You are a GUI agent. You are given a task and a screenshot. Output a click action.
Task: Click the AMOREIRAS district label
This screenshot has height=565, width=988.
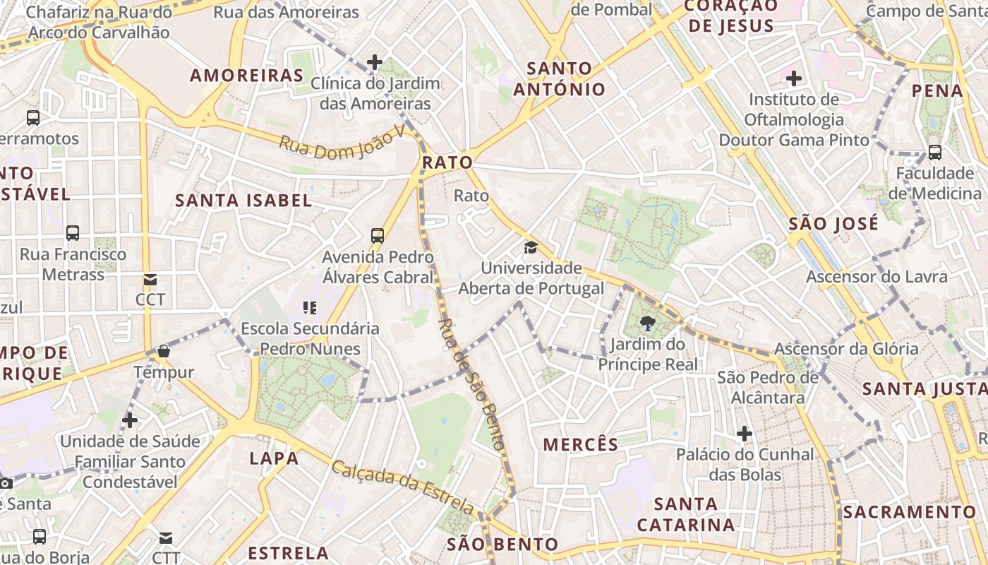[x=247, y=76]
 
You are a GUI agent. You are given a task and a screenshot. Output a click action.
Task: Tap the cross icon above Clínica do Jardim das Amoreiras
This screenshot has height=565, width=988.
[x=375, y=62]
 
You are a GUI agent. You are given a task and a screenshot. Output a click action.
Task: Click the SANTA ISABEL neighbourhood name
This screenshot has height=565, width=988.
[x=243, y=201]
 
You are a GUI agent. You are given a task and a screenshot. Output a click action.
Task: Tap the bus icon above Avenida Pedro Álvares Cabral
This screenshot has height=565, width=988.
[x=378, y=235]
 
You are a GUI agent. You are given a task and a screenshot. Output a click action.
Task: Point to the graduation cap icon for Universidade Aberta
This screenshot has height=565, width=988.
[x=531, y=247]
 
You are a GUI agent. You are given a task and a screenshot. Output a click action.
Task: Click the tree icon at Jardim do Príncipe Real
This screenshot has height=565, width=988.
[x=647, y=324]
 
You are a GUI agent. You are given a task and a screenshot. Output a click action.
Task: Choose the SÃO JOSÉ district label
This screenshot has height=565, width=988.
[x=833, y=224]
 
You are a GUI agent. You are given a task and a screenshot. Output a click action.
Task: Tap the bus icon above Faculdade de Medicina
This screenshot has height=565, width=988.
[x=934, y=152]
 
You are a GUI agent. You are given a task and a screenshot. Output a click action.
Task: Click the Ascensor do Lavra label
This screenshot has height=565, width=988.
[x=877, y=276]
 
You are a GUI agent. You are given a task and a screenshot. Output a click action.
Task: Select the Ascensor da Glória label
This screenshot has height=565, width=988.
[x=846, y=349]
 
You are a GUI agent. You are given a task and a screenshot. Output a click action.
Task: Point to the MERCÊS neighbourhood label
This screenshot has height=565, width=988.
[x=581, y=444]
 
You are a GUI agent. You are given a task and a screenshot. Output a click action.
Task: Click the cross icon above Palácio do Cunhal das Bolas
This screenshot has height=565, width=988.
[x=745, y=433]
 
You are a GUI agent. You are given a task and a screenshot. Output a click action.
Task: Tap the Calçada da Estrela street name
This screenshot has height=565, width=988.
[x=403, y=487]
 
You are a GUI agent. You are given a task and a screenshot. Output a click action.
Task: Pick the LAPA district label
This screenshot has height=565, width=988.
[x=274, y=458]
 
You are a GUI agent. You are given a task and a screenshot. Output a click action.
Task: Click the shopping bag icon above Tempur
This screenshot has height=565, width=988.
[x=164, y=351]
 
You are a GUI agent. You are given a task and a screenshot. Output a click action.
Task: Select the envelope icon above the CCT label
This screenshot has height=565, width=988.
[x=150, y=280]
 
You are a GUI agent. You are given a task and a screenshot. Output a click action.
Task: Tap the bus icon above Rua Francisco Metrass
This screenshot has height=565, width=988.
[x=73, y=232]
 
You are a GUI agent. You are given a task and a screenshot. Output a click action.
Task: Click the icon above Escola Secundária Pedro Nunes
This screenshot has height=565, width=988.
[x=310, y=307]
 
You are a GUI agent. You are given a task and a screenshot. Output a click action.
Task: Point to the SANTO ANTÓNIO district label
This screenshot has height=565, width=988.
[x=560, y=79]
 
